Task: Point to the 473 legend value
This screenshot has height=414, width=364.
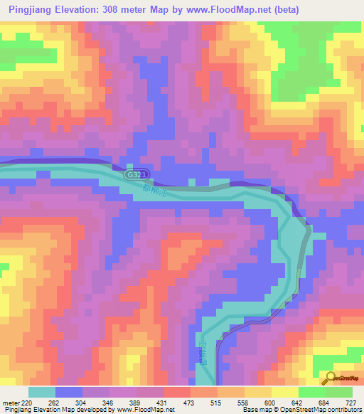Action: (x=190, y=402)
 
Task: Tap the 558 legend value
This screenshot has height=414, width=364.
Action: (x=243, y=402)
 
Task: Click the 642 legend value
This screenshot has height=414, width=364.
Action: (x=297, y=402)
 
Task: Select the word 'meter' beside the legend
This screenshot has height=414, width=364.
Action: (x=12, y=402)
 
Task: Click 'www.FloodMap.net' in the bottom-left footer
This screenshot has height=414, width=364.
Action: (x=145, y=410)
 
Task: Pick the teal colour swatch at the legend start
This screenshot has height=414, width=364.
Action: (x=42, y=392)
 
